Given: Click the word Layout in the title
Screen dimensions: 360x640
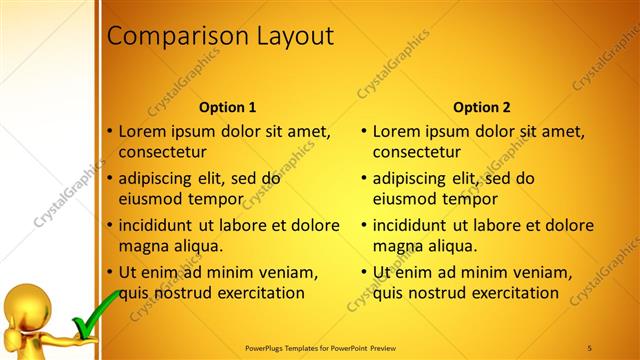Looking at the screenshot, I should point(287,36).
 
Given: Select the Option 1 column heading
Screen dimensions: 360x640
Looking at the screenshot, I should point(227,107).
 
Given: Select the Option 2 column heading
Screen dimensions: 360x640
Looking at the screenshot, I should point(481,107).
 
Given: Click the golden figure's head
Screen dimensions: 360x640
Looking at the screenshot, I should point(22,300).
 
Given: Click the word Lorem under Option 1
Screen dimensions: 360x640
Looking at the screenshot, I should point(142,131).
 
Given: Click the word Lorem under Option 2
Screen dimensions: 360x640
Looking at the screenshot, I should point(396,131).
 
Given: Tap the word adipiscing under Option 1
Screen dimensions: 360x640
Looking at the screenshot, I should point(158,179).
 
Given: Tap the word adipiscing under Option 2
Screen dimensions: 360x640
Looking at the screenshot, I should point(412,179).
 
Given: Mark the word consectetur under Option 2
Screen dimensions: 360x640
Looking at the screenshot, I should point(416,153).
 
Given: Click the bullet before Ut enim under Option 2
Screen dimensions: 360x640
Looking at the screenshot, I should point(365,272).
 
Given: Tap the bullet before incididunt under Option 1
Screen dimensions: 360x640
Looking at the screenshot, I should point(111,225).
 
